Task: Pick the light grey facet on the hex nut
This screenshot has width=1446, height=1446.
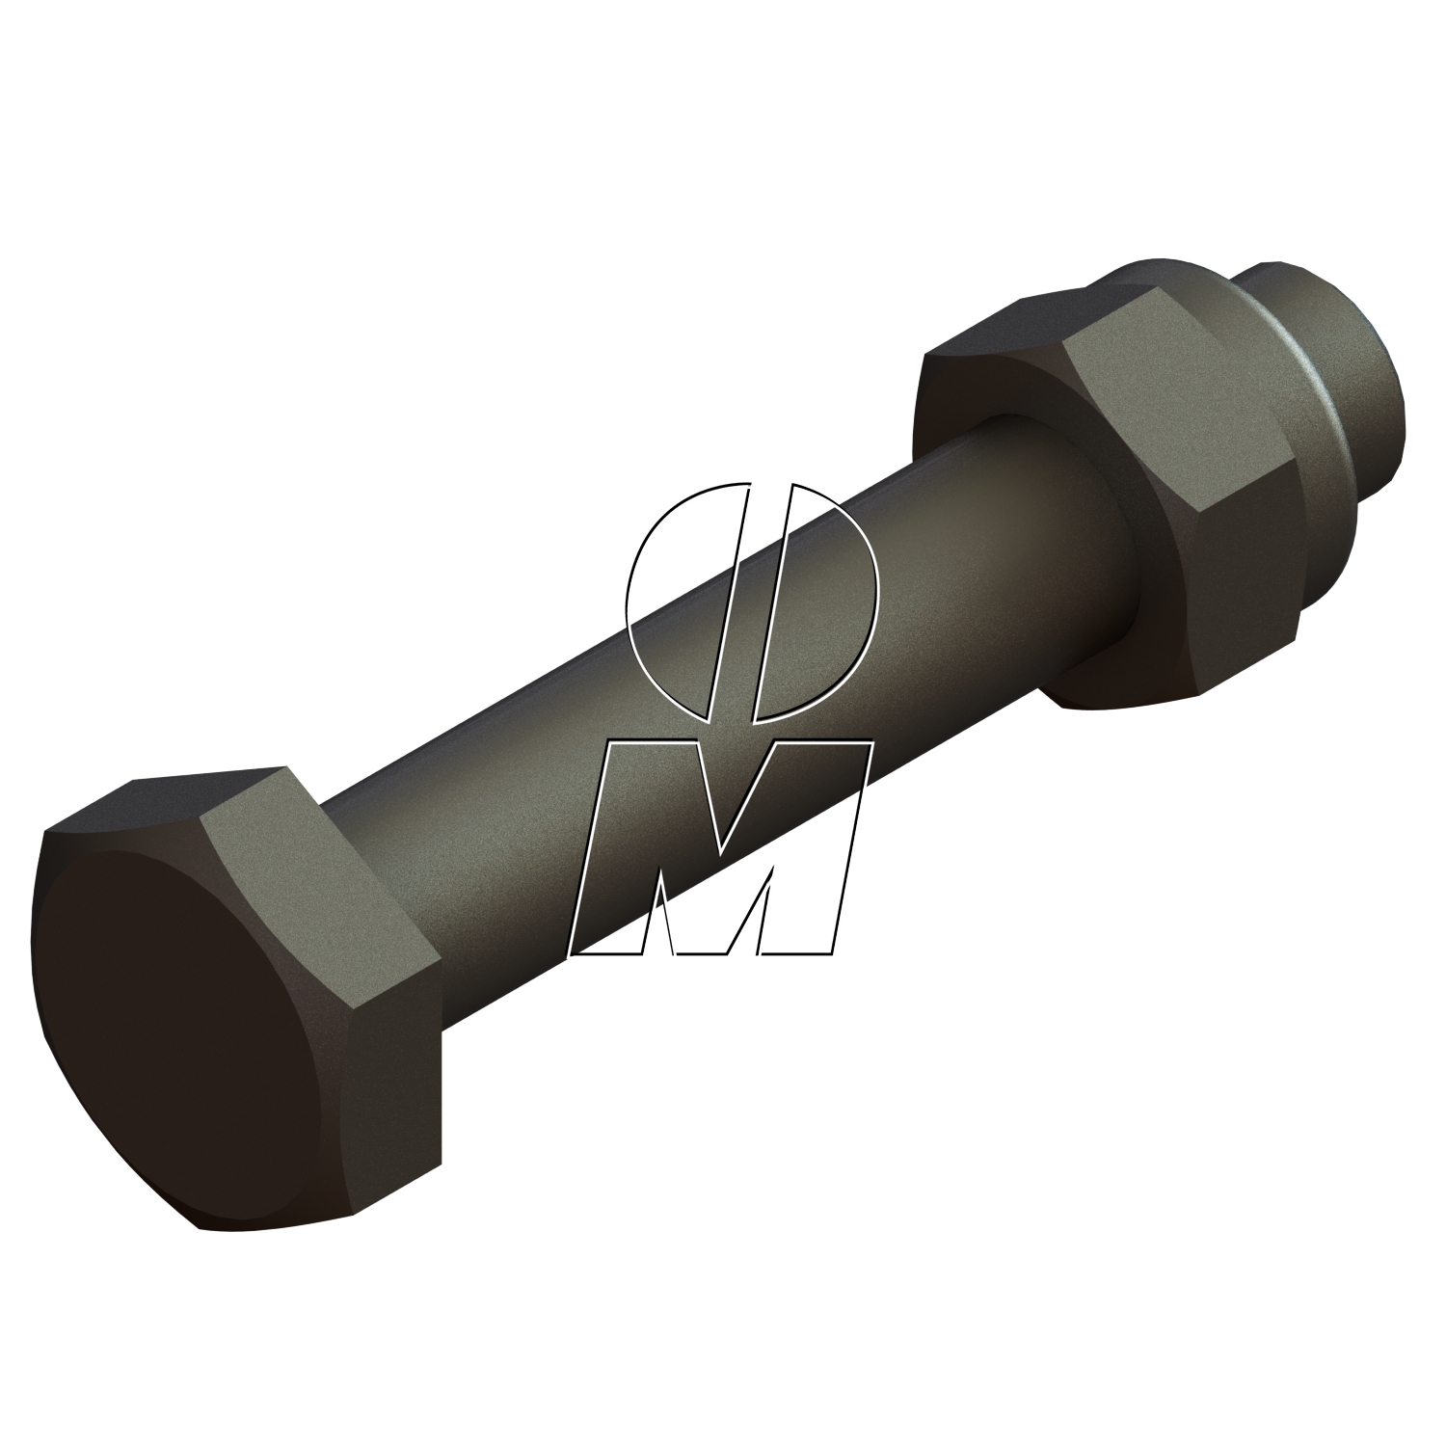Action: tap(1171, 415)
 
